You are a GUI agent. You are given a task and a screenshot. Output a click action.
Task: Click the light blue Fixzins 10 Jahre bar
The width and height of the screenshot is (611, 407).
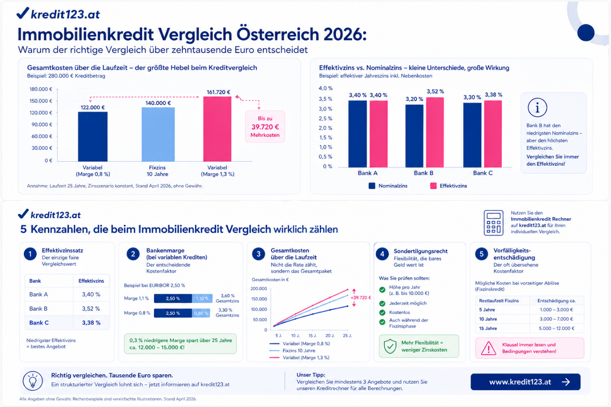point(158,134)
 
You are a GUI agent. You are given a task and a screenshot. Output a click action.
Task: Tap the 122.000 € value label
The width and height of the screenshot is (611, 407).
point(93,107)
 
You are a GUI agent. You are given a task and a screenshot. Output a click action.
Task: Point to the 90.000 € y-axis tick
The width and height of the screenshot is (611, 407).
point(42,124)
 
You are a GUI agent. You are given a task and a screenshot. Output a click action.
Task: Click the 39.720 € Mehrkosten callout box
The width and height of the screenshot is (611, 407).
point(265,127)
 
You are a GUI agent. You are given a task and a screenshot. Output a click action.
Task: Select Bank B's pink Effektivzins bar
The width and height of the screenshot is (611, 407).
point(435,132)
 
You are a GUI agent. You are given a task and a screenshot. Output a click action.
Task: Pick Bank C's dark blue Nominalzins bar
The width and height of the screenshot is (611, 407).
point(472,134)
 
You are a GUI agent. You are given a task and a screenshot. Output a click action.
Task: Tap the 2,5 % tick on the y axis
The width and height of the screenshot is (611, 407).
point(326,119)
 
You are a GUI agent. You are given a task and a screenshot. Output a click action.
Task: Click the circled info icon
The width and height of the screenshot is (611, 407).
point(537,107)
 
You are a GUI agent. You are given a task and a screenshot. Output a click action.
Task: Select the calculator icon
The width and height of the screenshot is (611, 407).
point(493,223)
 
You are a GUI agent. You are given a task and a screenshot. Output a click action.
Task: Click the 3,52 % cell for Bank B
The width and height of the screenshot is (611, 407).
point(91,309)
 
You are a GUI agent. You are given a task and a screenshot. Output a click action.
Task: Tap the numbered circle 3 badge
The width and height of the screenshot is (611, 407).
point(259,254)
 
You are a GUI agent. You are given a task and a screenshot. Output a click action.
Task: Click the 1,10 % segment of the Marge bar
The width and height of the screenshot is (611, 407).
point(202,299)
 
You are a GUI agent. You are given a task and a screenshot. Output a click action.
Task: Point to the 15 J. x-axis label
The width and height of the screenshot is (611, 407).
point(312,336)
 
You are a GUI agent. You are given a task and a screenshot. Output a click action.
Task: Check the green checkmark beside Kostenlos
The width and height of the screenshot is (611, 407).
point(382,312)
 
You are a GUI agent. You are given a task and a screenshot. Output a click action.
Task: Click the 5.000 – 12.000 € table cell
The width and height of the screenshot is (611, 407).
point(556,329)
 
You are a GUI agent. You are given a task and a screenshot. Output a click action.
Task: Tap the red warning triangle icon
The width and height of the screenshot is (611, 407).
point(488,348)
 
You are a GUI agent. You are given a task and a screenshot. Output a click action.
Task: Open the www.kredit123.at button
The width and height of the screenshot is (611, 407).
point(525,382)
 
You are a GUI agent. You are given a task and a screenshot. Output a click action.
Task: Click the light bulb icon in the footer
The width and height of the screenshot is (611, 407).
point(33,381)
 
